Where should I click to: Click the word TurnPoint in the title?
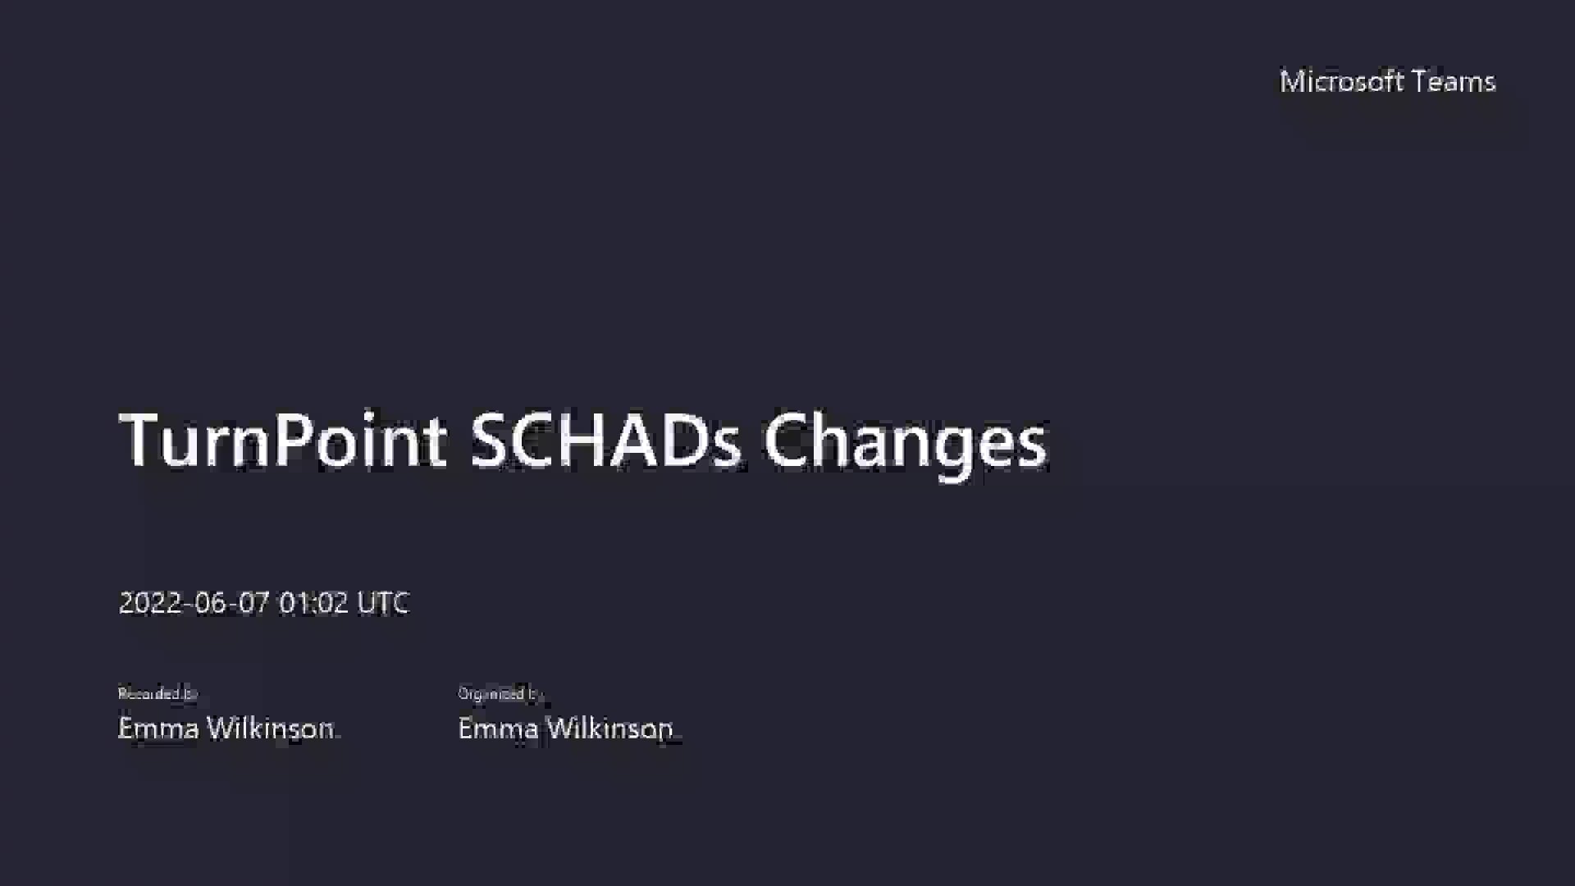[x=283, y=441]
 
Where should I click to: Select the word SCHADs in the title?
[x=605, y=441]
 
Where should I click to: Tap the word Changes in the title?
[x=905, y=441]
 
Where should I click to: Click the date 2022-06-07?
[x=194, y=603]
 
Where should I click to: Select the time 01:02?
[x=313, y=603]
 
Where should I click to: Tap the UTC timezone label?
[x=383, y=603]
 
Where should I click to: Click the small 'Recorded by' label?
[x=157, y=694]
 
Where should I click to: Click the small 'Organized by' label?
[x=500, y=694]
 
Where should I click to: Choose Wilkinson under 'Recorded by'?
[x=270, y=728]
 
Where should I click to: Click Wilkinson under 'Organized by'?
[x=609, y=728]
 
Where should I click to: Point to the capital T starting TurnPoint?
[x=142, y=441]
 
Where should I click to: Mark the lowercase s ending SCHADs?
[x=727, y=447]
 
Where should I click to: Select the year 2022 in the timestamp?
[x=150, y=603]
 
